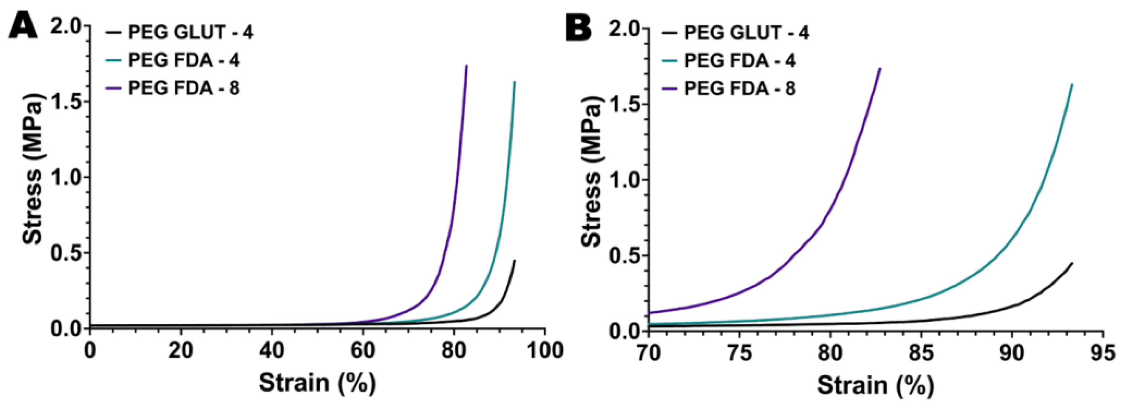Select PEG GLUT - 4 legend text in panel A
(x=191, y=32)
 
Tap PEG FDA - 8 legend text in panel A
(x=184, y=88)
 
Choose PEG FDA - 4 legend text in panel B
(x=740, y=61)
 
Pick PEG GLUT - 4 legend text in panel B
(x=747, y=33)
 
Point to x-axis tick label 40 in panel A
(x=272, y=350)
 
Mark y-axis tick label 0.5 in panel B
(x=625, y=256)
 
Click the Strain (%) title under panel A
(x=317, y=383)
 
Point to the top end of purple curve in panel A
(x=467, y=66)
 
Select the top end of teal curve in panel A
(x=515, y=82)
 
